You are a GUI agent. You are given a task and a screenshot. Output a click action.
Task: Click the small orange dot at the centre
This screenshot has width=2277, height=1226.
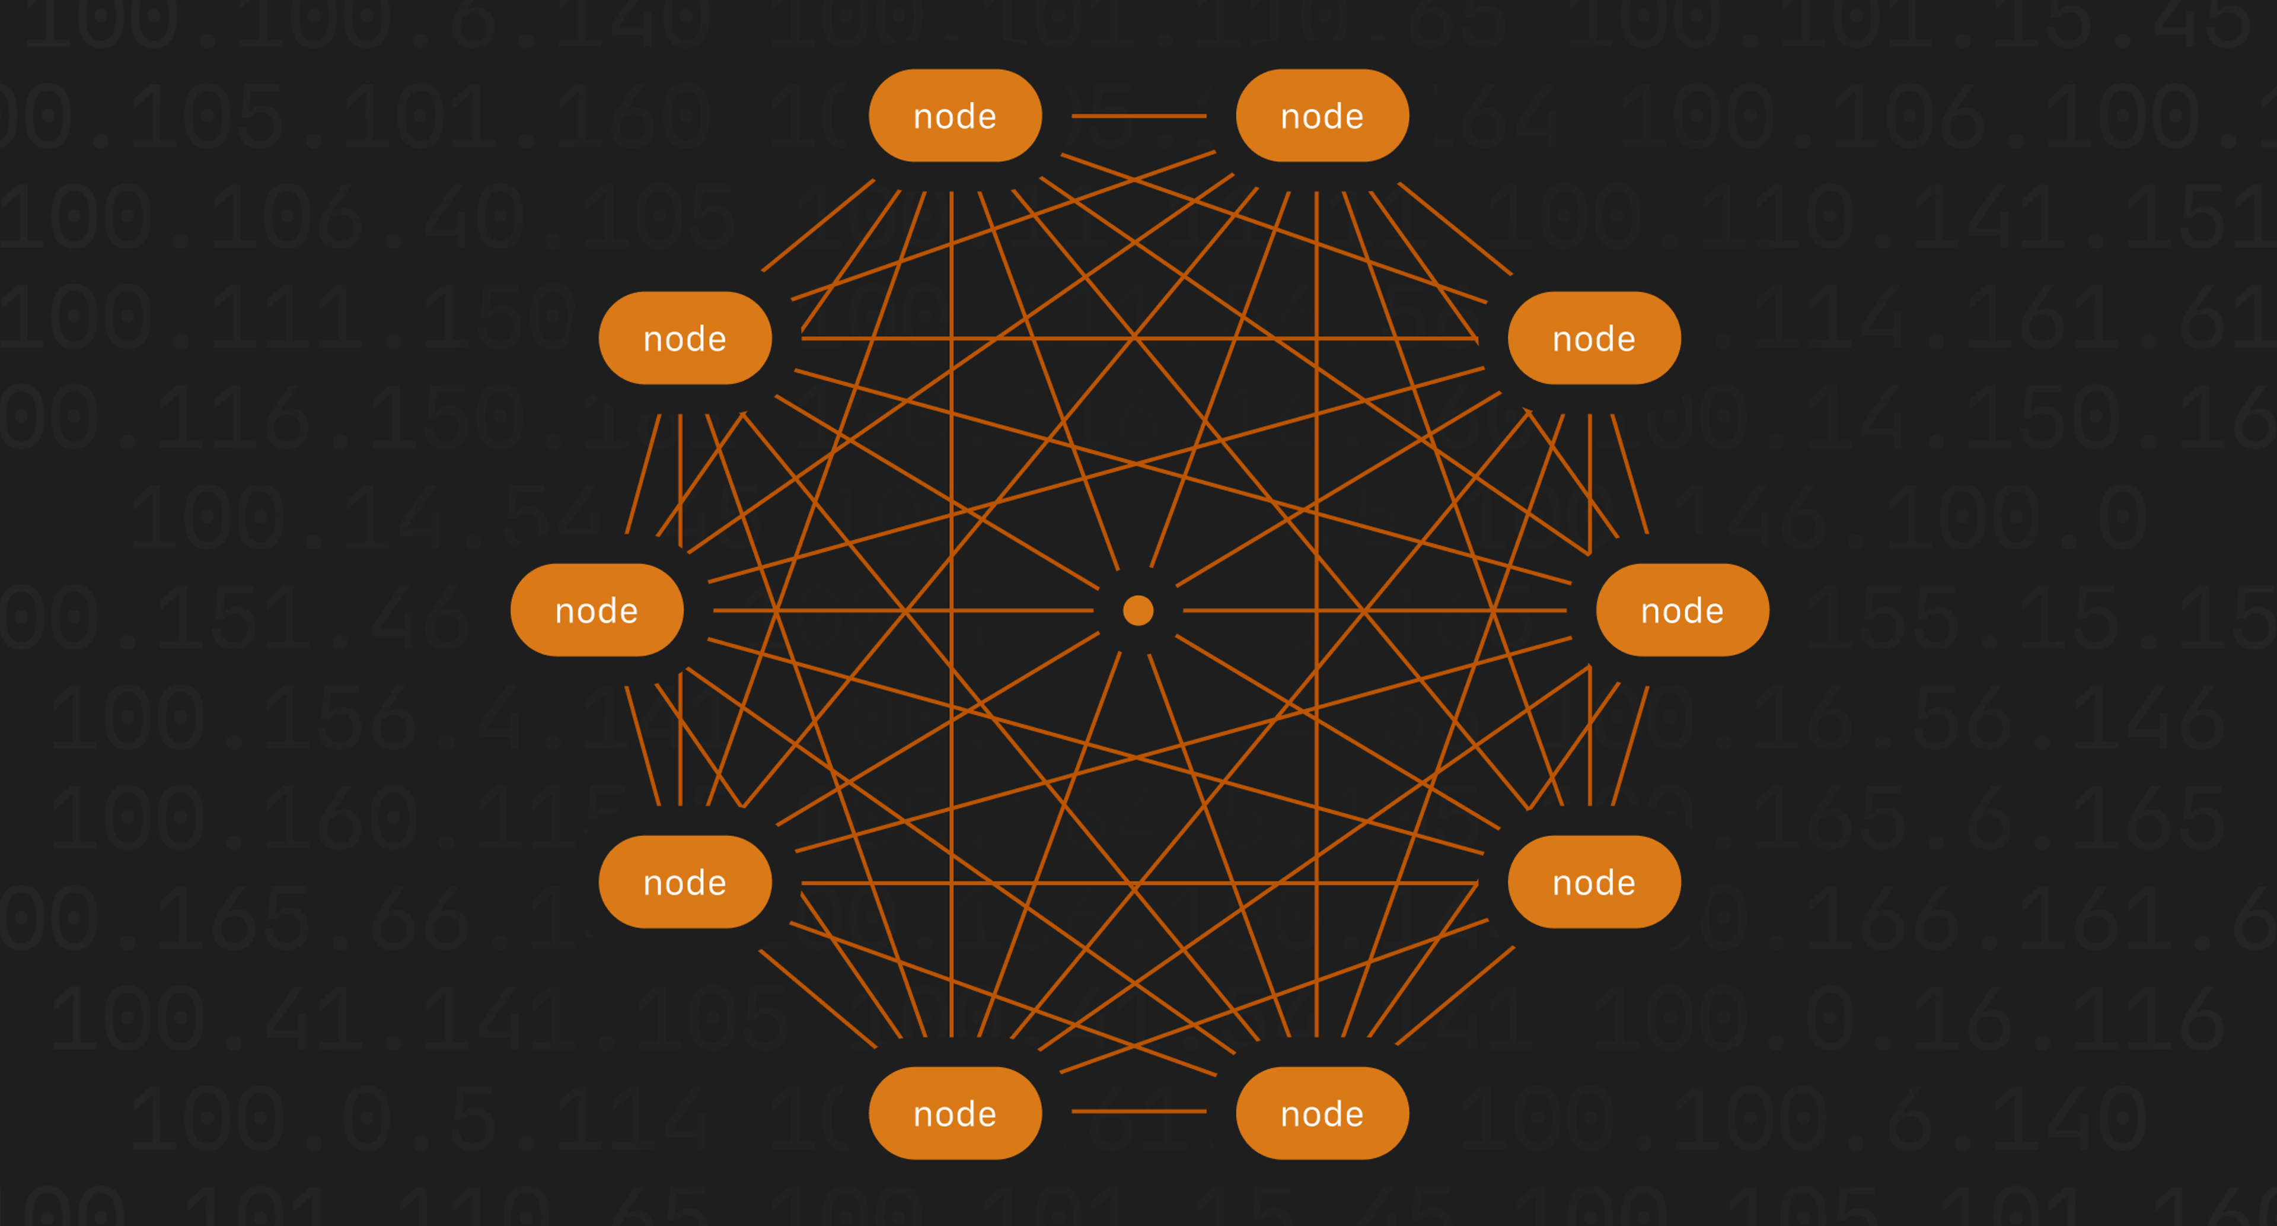1138,610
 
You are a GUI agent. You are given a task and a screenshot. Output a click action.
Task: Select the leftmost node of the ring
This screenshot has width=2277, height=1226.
597,610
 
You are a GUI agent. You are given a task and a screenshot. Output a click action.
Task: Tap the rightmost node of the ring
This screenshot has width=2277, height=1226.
1682,610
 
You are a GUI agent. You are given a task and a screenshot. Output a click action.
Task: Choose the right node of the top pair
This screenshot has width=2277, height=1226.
1322,116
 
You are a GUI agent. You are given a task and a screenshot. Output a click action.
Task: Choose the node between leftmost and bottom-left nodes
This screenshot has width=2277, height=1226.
685,881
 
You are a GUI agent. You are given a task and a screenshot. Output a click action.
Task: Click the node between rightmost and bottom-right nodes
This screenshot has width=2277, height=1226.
1594,881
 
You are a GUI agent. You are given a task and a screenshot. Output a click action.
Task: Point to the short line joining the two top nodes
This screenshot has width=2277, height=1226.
1138,116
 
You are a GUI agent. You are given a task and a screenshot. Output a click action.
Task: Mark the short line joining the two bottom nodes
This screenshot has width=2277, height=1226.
1138,1111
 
